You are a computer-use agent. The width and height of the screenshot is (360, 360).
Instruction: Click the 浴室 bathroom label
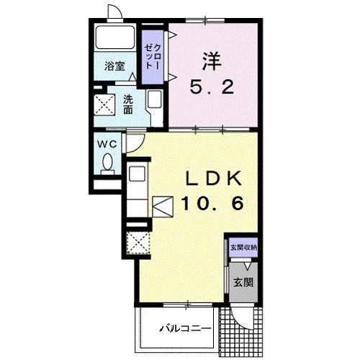click(114, 66)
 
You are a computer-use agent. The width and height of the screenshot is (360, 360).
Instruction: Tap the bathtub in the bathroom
click(114, 37)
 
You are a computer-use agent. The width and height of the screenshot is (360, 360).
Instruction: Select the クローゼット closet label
click(153, 58)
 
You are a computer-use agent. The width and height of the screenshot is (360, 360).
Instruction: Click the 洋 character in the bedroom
click(212, 61)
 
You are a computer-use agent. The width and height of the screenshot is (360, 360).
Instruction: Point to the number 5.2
click(212, 87)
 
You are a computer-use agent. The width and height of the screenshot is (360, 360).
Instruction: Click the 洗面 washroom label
click(128, 104)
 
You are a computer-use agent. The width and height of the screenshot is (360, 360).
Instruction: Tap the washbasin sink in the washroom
click(154, 99)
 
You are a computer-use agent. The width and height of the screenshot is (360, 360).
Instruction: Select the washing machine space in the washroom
click(104, 104)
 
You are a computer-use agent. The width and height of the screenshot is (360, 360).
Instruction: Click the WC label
click(107, 144)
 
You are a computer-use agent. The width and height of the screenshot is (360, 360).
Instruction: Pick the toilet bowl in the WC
click(107, 163)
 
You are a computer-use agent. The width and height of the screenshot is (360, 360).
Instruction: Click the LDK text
click(214, 178)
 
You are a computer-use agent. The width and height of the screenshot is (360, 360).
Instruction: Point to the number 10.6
click(212, 203)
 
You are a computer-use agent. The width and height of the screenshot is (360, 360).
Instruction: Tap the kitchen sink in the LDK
click(137, 174)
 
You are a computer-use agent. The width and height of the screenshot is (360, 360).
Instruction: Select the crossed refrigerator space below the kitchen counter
click(138, 243)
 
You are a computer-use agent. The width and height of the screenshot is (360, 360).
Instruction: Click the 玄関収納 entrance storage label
click(243, 248)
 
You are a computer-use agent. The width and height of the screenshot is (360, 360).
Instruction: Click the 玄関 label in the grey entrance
click(243, 283)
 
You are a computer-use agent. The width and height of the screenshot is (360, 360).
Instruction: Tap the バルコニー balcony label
click(185, 328)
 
